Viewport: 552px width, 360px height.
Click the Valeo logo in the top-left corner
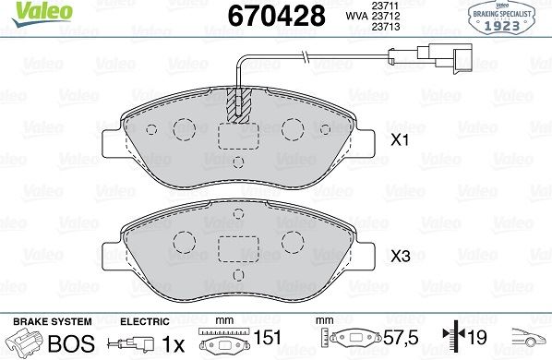42,13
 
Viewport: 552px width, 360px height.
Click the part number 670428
276,16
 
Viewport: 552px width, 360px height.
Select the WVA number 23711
385,6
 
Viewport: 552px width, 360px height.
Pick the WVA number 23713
386,27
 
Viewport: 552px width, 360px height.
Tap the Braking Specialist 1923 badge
501,17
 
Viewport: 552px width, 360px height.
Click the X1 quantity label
401,140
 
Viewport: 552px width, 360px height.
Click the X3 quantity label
401,257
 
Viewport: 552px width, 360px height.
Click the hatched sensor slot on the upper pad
239,105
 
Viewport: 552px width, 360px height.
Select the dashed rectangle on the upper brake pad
239,137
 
